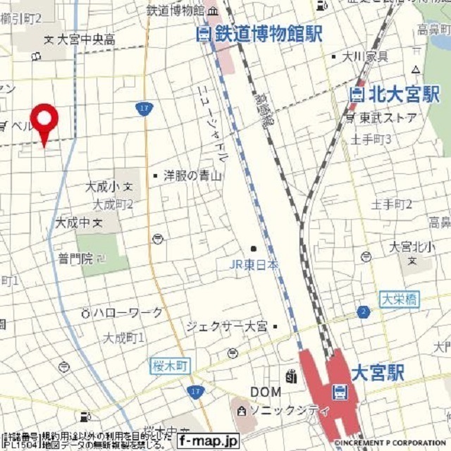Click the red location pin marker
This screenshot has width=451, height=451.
pos(44,121)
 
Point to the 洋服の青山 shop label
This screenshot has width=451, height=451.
pos(192,175)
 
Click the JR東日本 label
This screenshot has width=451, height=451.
pos(254,265)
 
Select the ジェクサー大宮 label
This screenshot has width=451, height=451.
pos(227,326)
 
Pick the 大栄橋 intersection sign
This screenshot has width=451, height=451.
pos(400,299)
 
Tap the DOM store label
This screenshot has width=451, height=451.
pos(265,392)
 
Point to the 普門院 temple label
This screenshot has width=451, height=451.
pos(75,259)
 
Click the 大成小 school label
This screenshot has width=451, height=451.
pos(104,187)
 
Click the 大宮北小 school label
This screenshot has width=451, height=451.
pos(412,247)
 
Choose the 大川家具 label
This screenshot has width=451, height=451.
pos(365,56)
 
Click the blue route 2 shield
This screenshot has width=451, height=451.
pos(363,311)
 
